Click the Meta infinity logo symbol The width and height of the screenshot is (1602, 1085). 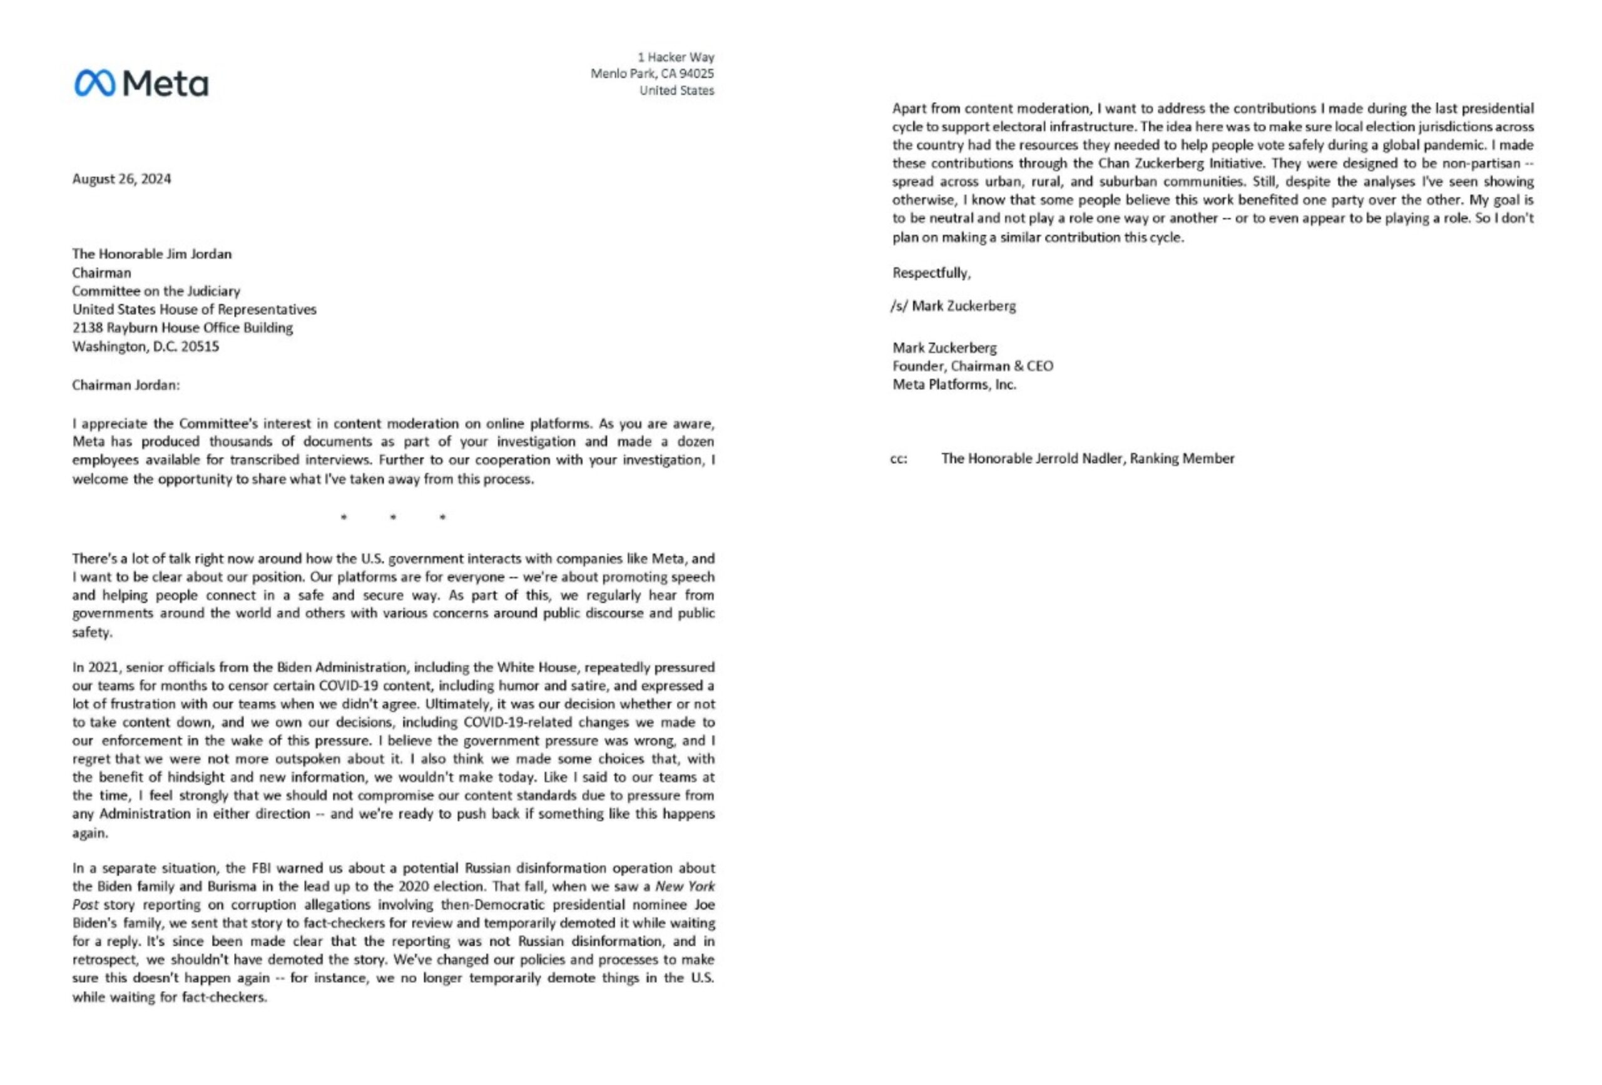click(95, 83)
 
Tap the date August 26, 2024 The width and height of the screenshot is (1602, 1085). click(121, 179)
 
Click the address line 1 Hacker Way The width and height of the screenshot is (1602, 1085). click(676, 57)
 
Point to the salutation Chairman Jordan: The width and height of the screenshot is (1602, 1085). click(125, 385)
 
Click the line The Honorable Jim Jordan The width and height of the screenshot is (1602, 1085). click(151, 254)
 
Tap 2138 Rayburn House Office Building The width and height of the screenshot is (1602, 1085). click(183, 327)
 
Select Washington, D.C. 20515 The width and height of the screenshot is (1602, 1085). click(145, 346)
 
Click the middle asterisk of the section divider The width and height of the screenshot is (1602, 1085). click(393, 517)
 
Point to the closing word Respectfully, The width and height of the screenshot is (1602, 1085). click(931, 273)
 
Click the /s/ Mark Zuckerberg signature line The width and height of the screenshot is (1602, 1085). click(952, 306)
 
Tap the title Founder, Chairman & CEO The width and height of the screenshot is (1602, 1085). click(972, 366)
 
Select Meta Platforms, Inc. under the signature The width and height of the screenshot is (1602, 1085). click(954, 385)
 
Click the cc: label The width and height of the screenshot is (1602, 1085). click(899, 459)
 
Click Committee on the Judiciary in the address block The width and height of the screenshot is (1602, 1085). click(156, 291)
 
